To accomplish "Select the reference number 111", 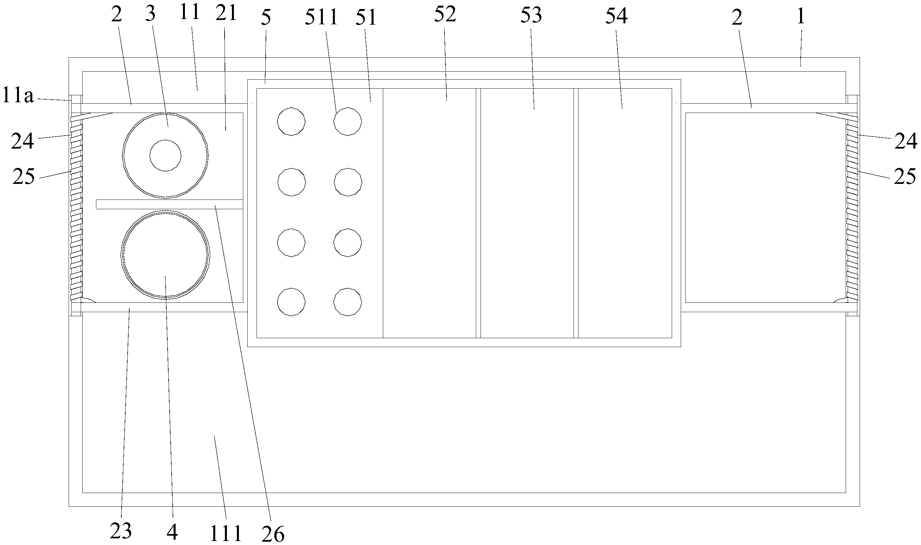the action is [226, 533].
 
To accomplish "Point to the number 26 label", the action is [273, 534].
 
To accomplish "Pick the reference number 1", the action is [801, 16].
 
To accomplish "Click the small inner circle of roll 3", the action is [165, 155].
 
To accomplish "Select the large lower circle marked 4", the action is [166, 254].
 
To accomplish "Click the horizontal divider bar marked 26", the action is [169, 205].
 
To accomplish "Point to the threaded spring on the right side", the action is [852, 208].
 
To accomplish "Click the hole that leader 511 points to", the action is [348, 122].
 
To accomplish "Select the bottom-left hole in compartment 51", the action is [291, 302].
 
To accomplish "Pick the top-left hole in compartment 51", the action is [291, 122].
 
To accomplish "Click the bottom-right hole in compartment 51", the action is [348, 302].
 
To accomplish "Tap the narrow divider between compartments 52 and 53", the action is [478, 213].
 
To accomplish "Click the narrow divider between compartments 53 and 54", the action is [576, 213].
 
